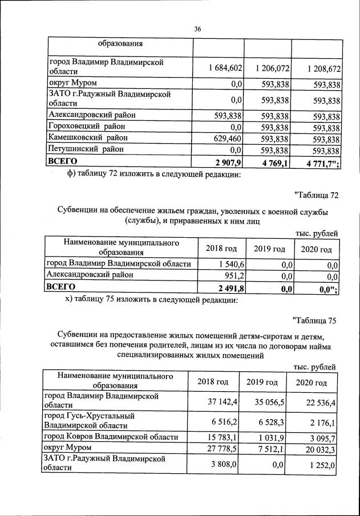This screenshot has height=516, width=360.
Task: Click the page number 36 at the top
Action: (197, 29)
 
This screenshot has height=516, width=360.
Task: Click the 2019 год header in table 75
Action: (262, 382)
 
